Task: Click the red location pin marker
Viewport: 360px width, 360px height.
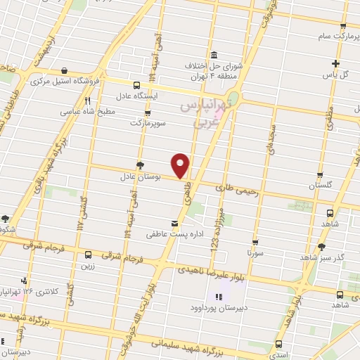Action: [x=181, y=165]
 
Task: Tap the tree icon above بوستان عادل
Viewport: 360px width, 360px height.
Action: [x=141, y=166]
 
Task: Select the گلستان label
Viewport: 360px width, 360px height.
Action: [x=320, y=186]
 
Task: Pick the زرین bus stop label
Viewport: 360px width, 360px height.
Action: [x=88, y=267]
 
